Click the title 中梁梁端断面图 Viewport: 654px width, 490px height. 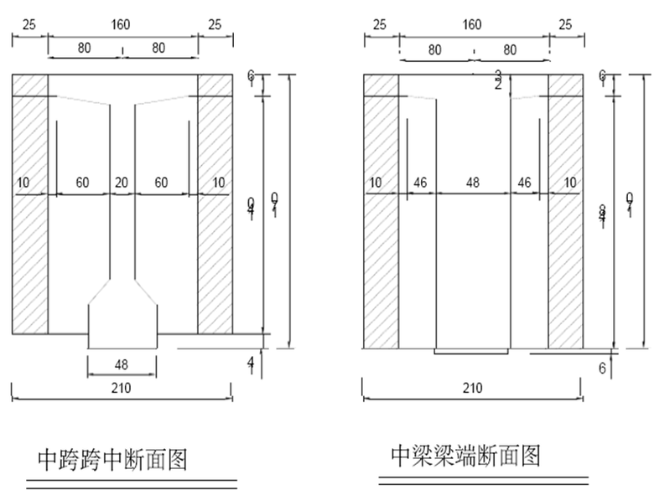pos(465,456)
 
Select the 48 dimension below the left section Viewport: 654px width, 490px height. pos(122,365)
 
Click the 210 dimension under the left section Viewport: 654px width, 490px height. pos(122,388)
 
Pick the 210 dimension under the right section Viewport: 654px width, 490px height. pos(473,388)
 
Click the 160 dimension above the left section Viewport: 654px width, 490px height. pos(122,25)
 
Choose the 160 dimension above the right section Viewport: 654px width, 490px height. pos(473,25)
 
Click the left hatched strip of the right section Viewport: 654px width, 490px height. pos(381,209)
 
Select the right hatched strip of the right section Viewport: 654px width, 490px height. pos(566,209)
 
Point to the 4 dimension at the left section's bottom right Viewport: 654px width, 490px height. pos(251,361)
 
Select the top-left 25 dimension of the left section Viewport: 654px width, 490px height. pos(29,25)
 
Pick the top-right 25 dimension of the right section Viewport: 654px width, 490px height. pos(566,25)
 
